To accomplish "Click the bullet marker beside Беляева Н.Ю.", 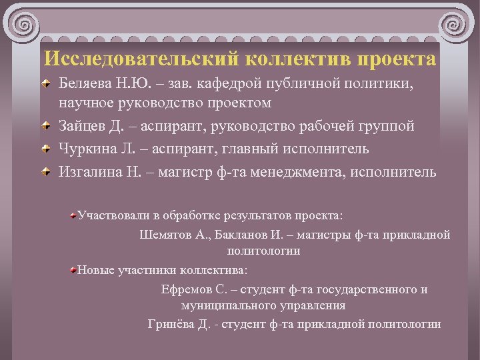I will pyautogui.click(x=45, y=85).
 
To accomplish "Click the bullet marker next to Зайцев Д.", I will pyautogui.click(x=45, y=127).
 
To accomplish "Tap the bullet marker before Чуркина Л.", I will pyautogui.click(x=45, y=149).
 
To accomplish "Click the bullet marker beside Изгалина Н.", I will pyautogui.click(x=45, y=172).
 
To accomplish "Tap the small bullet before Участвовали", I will pyautogui.click(x=74, y=216).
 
